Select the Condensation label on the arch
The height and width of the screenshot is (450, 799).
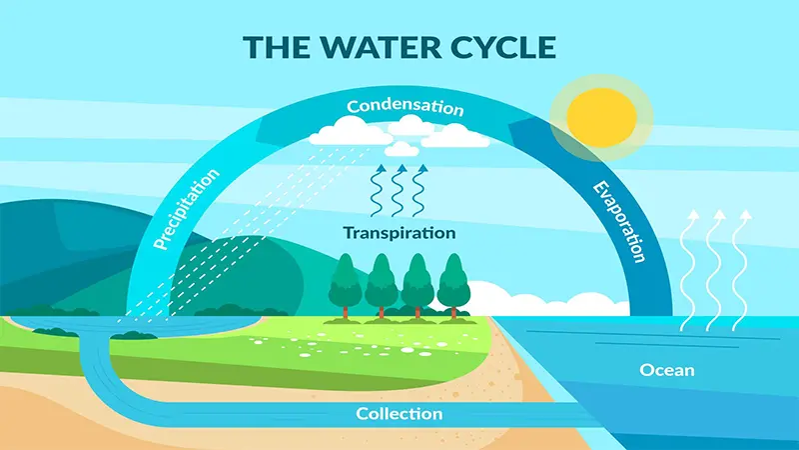point(405,106)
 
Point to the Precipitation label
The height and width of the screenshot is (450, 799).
point(187,209)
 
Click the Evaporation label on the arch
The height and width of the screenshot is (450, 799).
point(619,221)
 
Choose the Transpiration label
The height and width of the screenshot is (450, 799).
point(399,233)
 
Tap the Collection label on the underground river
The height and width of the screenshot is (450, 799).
point(399,413)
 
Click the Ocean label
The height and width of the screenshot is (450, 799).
point(667,370)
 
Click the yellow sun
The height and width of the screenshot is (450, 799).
point(602,117)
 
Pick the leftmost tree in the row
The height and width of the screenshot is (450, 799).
point(345,287)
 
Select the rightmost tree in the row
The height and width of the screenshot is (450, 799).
point(453,287)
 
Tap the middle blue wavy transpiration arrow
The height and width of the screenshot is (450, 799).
point(398,190)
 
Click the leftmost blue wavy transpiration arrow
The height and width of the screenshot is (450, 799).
point(378,190)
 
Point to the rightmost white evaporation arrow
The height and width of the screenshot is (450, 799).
point(741,270)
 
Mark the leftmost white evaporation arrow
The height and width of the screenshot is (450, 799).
point(689,270)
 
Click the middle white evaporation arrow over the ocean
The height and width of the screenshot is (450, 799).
point(715,270)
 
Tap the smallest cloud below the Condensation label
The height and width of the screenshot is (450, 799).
point(401,149)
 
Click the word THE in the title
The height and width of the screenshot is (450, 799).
point(277,47)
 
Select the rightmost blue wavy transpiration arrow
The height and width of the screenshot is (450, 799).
point(418,190)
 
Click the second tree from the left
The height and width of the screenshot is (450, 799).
point(382,287)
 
